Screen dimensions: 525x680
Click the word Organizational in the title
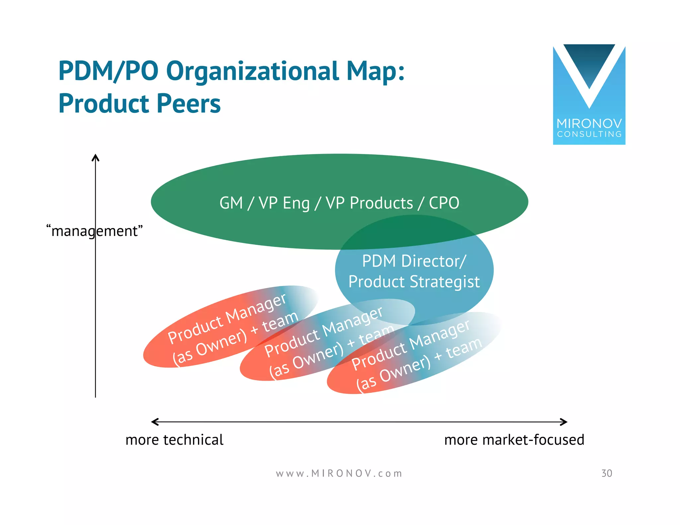pos(252,71)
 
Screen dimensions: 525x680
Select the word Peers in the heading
pos(188,104)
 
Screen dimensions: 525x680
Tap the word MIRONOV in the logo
pos(589,124)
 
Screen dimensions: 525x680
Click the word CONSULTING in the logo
pos(589,134)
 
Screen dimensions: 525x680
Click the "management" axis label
pos(95,231)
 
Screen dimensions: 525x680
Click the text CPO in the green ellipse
pos(444,203)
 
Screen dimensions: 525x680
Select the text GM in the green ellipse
pos(231,203)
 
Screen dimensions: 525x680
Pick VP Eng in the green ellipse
pos(284,203)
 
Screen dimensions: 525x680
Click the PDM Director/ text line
pos(414,261)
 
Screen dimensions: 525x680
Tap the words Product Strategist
pos(414,282)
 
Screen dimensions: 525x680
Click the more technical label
pos(174,440)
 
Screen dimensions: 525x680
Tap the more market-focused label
pos(514,440)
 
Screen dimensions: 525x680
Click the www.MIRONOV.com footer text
pos(339,474)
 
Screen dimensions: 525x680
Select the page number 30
pos(607,474)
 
